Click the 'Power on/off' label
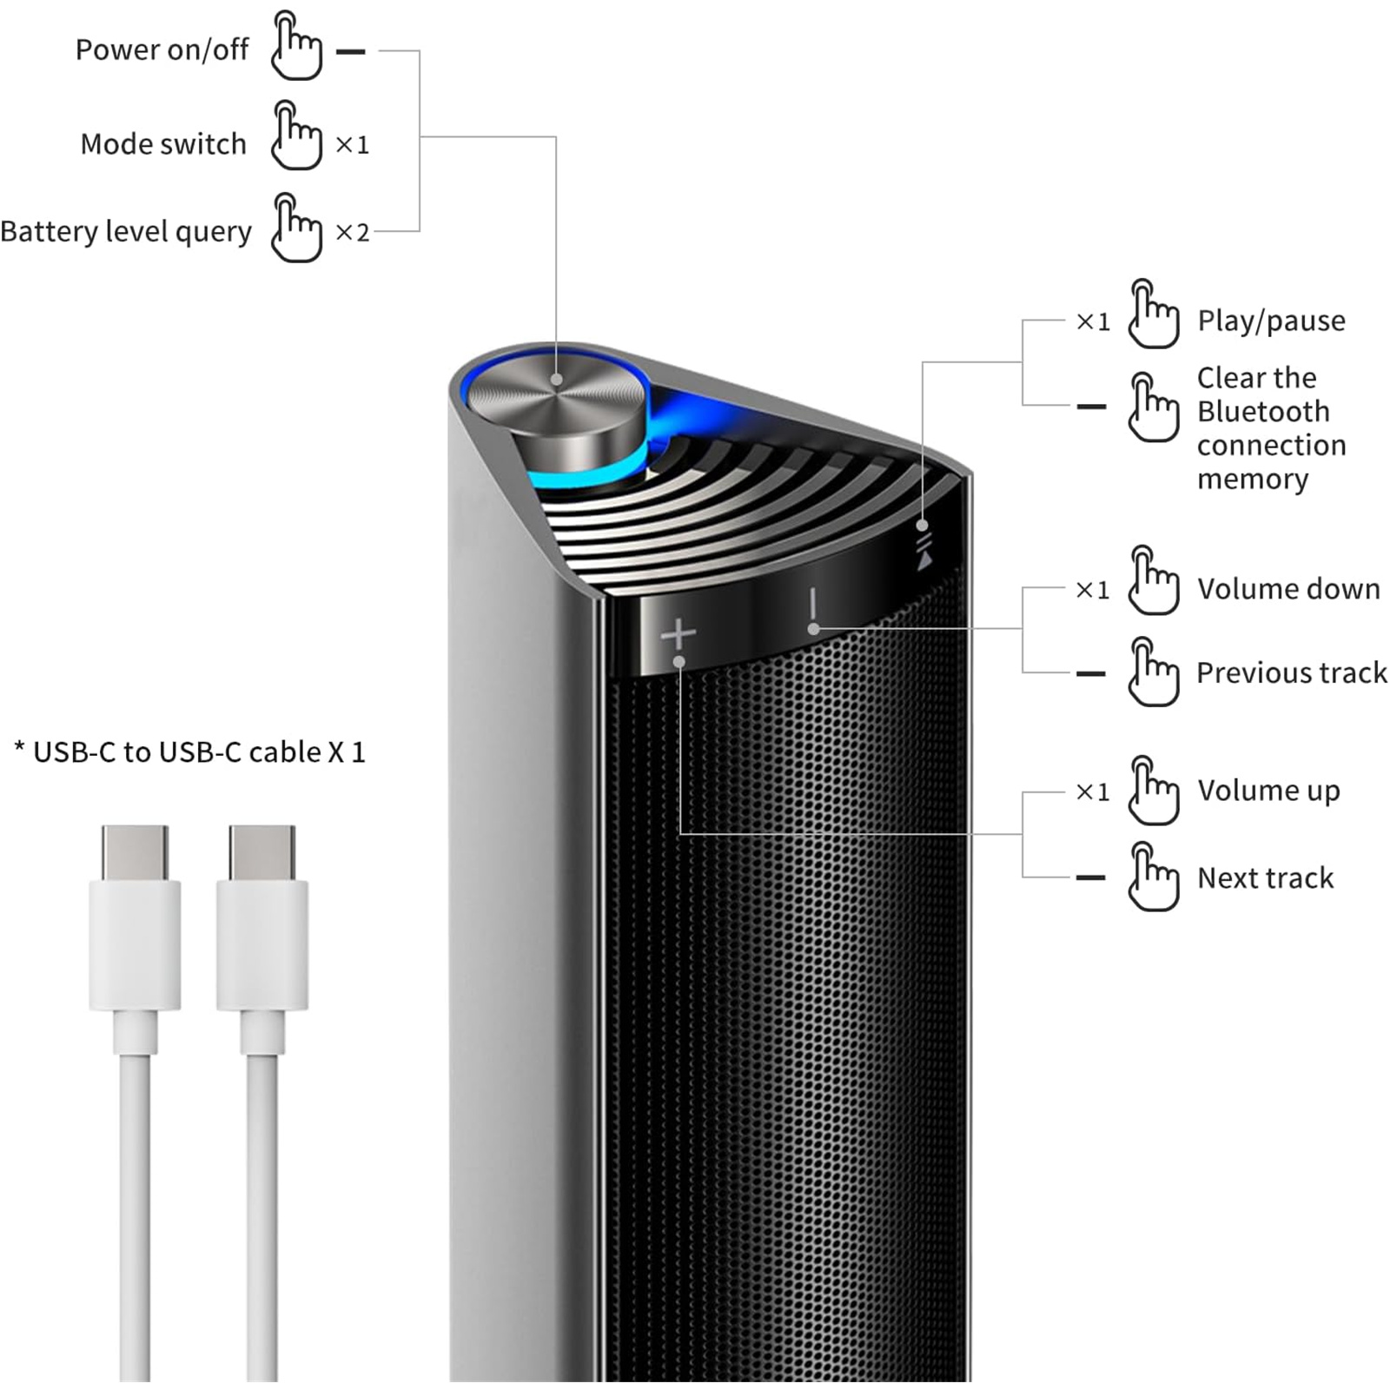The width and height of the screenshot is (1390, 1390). pos(162,50)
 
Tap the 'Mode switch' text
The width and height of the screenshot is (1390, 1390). pos(163,144)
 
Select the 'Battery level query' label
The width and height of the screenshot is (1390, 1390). pos(126,232)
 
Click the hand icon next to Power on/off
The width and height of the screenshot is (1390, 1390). pos(296,47)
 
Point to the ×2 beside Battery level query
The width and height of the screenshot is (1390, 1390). pos(353,233)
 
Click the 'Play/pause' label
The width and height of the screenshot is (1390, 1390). pos(1271,321)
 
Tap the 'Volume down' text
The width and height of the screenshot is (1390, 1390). pos(1288,589)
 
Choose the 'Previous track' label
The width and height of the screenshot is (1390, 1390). pos(1291,673)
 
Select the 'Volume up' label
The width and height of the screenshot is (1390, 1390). pos(1268,791)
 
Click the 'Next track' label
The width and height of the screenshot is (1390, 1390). pos(1265,878)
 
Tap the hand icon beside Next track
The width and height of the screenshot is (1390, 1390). pos(1153,877)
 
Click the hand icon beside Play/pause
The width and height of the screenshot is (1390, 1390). pos(1153,314)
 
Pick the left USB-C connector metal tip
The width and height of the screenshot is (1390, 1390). pos(135,852)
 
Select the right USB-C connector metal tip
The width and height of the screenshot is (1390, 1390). pos(261,852)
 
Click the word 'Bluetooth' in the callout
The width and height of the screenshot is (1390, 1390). pos(1263,412)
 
